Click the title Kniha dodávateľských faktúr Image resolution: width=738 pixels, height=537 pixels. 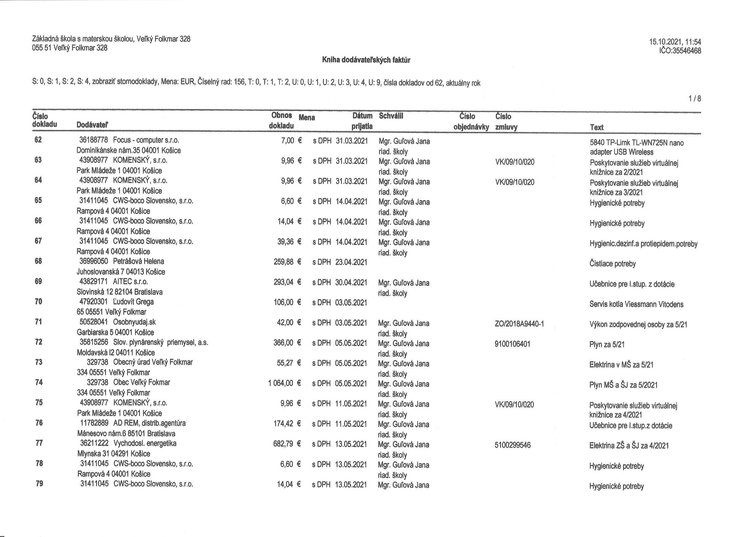pos(366,60)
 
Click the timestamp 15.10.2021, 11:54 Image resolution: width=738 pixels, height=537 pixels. pos(675,42)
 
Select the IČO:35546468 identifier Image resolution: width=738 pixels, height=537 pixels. pos(679,51)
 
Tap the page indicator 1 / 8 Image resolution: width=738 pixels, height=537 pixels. pos(695,99)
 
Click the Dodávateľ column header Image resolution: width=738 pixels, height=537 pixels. pos(92,125)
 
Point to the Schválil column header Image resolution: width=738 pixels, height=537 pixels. pos(391,116)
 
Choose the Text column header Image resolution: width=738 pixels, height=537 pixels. pos(597,127)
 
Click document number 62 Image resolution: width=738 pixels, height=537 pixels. pos(38,140)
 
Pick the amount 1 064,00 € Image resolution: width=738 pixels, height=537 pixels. pos(285,383)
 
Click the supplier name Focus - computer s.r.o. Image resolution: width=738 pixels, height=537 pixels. pos(146,140)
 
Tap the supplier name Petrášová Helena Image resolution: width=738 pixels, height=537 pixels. pos(139,262)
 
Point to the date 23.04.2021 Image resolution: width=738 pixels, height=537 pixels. pos(351,262)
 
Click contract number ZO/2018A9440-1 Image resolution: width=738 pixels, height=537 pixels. pos(519,324)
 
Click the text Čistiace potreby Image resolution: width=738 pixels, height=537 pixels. pos(612,264)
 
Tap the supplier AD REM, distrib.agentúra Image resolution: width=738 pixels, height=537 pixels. pos(149,423)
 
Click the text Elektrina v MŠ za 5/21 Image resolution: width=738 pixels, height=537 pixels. pos(621,365)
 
